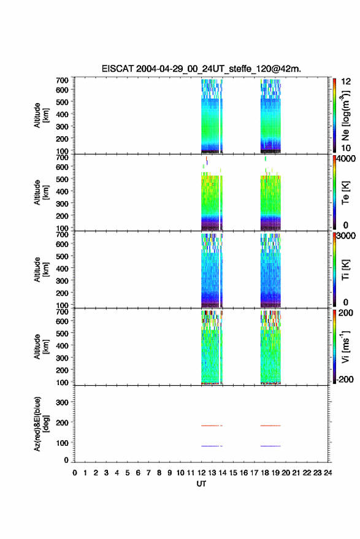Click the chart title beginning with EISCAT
[201, 69]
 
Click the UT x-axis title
[201, 484]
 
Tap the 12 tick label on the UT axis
[201, 473]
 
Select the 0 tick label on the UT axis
[75, 473]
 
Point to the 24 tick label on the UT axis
[327, 473]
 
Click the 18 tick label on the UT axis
[264, 473]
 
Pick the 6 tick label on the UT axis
[138, 473]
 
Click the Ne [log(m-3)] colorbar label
[345, 115]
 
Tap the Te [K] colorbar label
[345, 193]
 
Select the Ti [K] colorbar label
[345, 270]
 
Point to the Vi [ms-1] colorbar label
[345, 347]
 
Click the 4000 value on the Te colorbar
[345, 159]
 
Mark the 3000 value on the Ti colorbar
[345, 236]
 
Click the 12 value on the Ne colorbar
[346, 82]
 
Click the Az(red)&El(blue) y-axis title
[41, 424]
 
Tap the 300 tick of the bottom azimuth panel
[62, 402]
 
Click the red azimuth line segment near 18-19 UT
[270, 426]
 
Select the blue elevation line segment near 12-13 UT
[210, 446]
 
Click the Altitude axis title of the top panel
[41, 115]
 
